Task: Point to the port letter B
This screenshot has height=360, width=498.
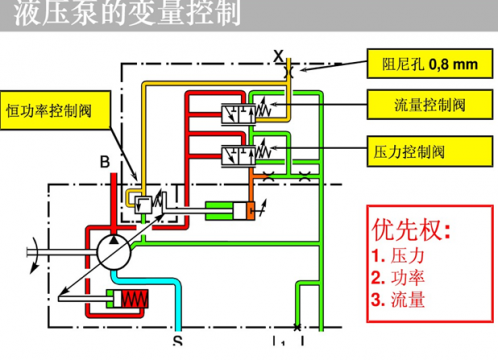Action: tap(103, 161)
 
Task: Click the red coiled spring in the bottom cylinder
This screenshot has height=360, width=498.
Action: tap(137, 299)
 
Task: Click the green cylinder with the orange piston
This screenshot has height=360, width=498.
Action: tap(232, 211)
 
